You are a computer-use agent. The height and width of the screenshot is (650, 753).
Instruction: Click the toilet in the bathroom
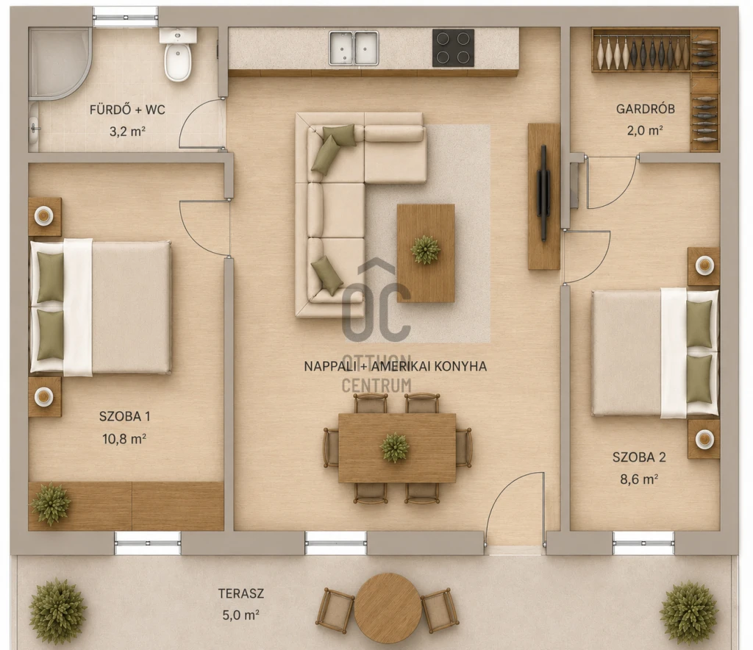coord(178,54)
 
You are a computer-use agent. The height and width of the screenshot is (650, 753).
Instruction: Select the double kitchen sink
coord(354,48)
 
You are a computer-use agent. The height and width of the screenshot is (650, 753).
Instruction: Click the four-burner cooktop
coord(453,48)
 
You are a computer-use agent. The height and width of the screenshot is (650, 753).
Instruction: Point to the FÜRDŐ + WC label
coord(127,110)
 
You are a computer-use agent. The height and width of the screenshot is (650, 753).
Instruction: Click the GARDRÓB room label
coord(646,109)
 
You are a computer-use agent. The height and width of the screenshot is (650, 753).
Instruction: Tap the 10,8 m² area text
coord(124,438)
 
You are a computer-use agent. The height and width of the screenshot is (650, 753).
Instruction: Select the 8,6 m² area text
coord(639,479)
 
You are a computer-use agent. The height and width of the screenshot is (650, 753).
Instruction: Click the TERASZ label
coord(241,594)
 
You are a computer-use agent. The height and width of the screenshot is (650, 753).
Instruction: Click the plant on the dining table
coord(395,447)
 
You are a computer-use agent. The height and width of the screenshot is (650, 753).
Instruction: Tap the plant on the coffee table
coord(426,249)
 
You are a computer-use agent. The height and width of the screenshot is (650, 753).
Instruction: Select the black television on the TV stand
coord(543,193)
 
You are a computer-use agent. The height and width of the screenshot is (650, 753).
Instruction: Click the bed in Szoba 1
coord(100,307)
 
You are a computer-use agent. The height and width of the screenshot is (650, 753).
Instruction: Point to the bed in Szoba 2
coord(655,353)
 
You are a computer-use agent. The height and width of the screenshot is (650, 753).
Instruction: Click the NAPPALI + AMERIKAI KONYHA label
coord(395,366)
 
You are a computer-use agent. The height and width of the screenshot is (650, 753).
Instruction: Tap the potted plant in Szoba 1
coord(51,504)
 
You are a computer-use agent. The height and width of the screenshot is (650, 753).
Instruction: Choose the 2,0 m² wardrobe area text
coord(645,130)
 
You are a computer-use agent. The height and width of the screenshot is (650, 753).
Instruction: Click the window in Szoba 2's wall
coord(643,543)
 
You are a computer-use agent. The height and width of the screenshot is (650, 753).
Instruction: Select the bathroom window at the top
coord(125,17)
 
